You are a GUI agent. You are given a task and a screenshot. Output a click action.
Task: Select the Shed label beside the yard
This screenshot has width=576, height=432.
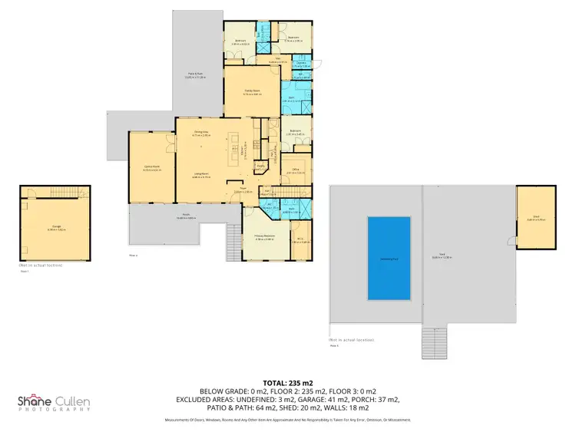[536, 217]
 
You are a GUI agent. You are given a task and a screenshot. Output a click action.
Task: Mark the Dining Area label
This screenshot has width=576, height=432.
[202, 133]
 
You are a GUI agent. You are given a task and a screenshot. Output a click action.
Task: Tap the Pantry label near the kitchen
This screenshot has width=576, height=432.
[261, 166]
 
